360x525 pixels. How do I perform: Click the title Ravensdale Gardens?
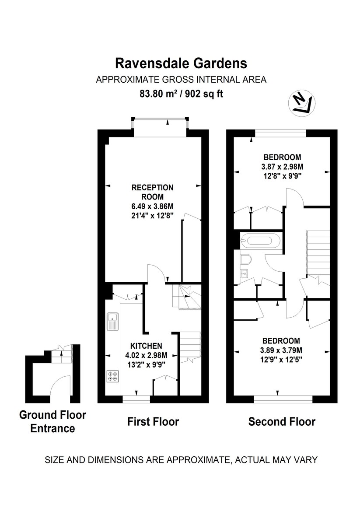click(x=181, y=63)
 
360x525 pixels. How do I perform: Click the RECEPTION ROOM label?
click(x=153, y=192)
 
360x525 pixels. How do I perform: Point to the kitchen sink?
click(x=112, y=322)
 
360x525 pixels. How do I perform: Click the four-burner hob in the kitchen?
click(x=112, y=377)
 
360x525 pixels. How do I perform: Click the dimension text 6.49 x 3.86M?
click(x=153, y=206)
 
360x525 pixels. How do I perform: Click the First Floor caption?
click(x=153, y=422)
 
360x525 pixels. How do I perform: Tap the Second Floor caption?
click(x=282, y=422)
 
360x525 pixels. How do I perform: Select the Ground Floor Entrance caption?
click(x=52, y=421)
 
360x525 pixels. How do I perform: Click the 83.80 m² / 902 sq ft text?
click(x=181, y=94)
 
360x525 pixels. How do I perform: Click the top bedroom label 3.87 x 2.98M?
click(x=282, y=167)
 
